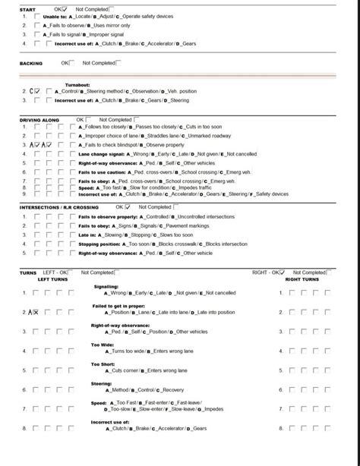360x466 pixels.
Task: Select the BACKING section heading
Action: [x=31, y=63]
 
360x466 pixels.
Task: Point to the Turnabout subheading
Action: [x=77, y=83]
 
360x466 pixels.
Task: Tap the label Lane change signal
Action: [x=101, y=153]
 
